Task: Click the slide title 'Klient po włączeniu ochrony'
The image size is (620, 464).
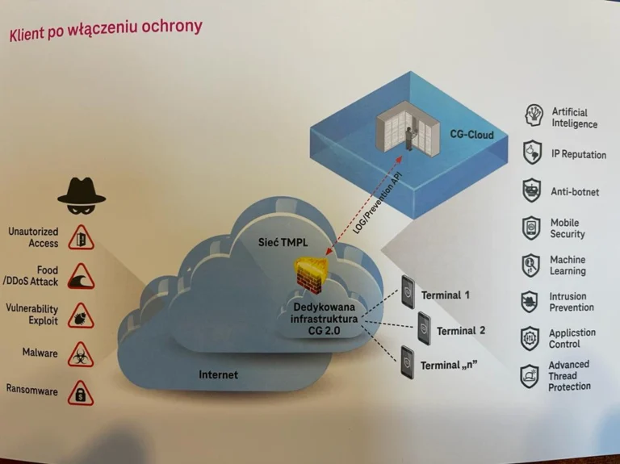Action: [106, 30]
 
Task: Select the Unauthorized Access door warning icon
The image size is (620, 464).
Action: [81, 237]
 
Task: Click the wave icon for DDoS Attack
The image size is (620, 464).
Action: [81, 276]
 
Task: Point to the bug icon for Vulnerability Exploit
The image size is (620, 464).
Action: [81, 316]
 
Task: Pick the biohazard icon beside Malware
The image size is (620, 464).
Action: [80, 354]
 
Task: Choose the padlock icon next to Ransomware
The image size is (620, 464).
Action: [80, 393]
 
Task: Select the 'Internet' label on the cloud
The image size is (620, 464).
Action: [218, 374]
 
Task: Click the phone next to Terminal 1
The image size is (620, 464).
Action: [408, 292]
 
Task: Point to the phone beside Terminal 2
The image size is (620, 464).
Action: [425, 328]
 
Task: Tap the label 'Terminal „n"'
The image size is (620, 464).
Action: [448, 366]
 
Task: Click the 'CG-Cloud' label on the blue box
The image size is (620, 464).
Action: [471, 135]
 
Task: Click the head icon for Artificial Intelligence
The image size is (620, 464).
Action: [534, 115]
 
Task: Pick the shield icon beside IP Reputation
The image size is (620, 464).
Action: [532, 153]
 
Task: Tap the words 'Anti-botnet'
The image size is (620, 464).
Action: [575, 192]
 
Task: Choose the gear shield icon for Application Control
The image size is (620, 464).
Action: [530, 339]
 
